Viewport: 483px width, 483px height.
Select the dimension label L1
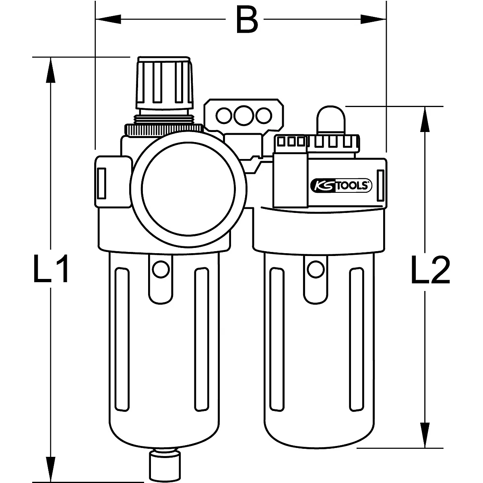pos(51,268)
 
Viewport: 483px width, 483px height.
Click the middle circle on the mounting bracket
pos(242,116)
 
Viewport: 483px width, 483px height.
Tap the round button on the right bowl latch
pos(316,268)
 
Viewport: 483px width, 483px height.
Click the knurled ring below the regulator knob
pos(164,129)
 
